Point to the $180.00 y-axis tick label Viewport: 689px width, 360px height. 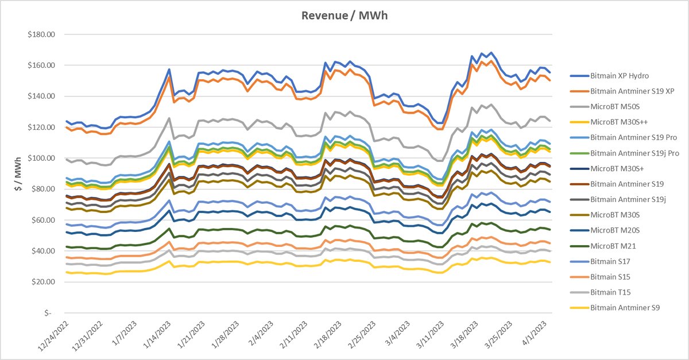point(40,34)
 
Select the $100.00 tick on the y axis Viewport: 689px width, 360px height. point(40,158)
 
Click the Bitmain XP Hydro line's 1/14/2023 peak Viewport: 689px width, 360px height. point(169,69)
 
